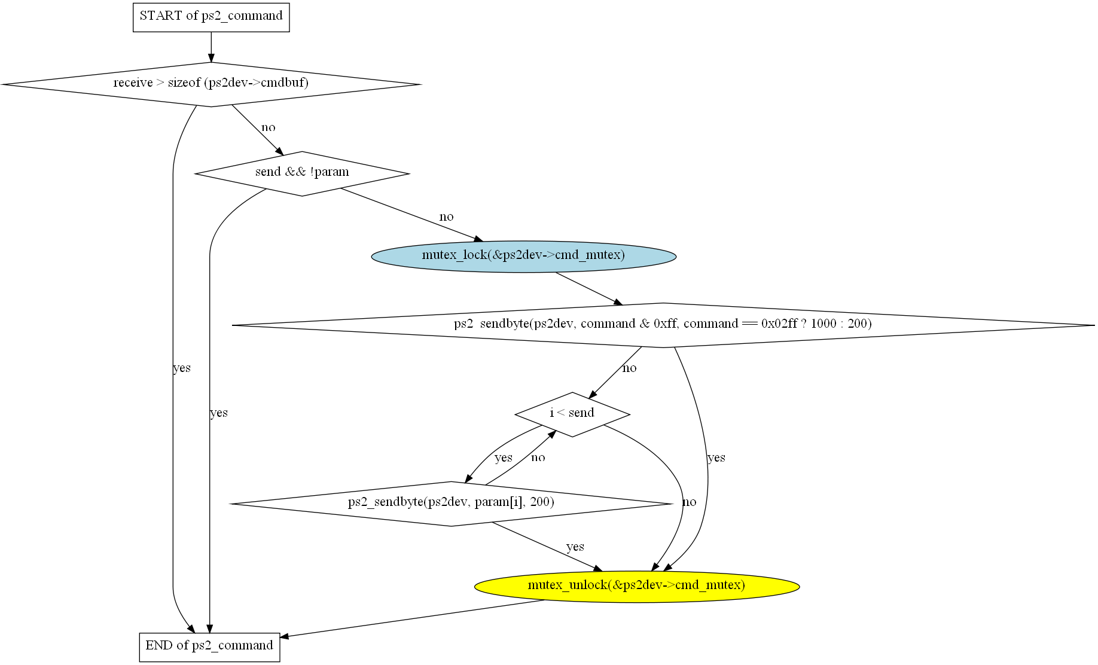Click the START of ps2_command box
coord(211,17)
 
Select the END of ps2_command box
coord(209,646)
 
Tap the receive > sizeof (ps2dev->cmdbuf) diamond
coord(211,84)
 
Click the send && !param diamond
coord(301,173)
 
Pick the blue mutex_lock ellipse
coord(523,256)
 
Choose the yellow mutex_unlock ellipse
coord(636,585)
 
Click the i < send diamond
coord(572,414)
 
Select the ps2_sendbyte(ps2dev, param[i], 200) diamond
coord(451,503)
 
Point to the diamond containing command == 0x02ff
coord(663,325)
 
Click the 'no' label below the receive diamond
coord(269,127)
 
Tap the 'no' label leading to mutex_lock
coord(446,217)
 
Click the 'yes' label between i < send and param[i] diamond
coord(504,458)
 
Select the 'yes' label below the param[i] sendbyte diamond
coord(575,547)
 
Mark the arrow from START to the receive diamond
coord(211,47)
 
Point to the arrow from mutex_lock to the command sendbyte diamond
coord(589,288)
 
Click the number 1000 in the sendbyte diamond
coord(823,324)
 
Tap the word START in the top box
coord(160,16)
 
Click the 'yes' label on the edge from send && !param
coord(219,413)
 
